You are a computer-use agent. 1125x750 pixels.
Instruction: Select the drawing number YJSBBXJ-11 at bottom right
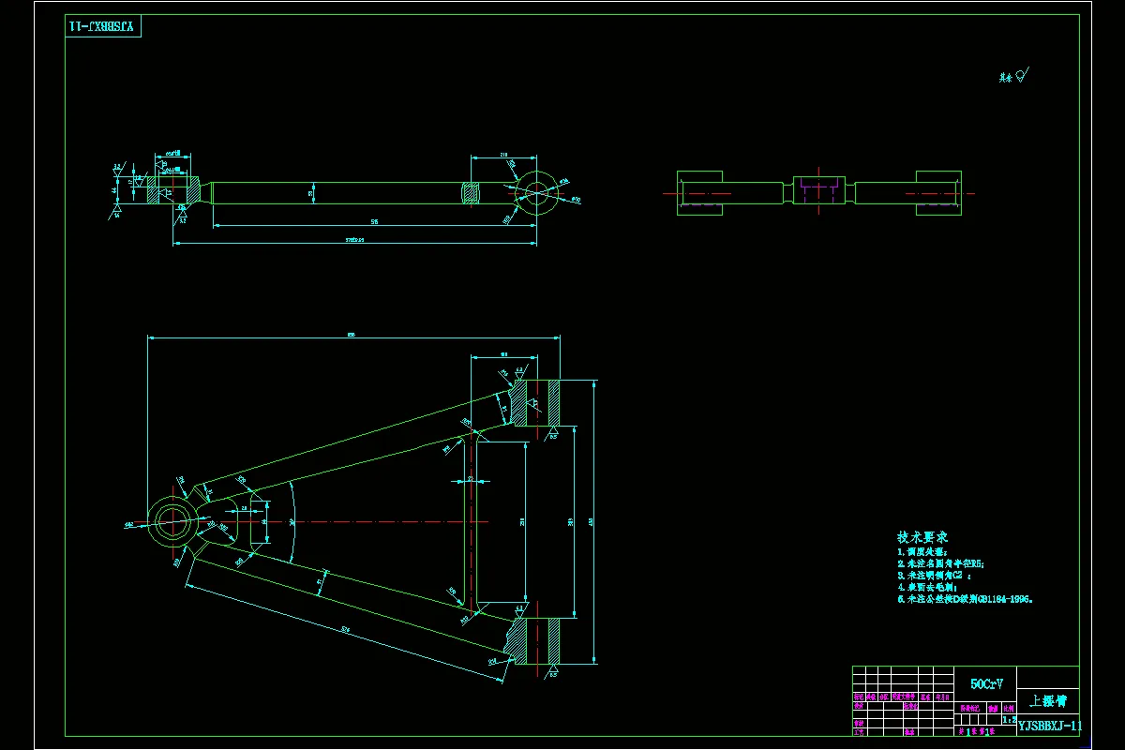click(1050, 726)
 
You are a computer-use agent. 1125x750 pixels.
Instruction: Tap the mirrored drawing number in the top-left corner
click(102, 26)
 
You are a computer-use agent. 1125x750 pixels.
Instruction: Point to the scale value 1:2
click(1009, 720)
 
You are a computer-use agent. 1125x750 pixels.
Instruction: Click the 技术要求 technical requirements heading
click(922, 537)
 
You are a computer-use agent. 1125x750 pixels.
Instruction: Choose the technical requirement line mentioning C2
click(938, 576)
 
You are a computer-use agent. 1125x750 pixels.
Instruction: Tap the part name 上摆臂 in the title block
click(1047, 700)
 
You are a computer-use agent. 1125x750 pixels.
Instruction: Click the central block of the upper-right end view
click(818, 190)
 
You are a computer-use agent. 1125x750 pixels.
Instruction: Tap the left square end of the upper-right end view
click(699, 193)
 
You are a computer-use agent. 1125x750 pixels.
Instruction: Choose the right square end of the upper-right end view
click(937, 193)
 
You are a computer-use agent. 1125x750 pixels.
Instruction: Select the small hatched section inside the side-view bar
click(472, 193)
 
